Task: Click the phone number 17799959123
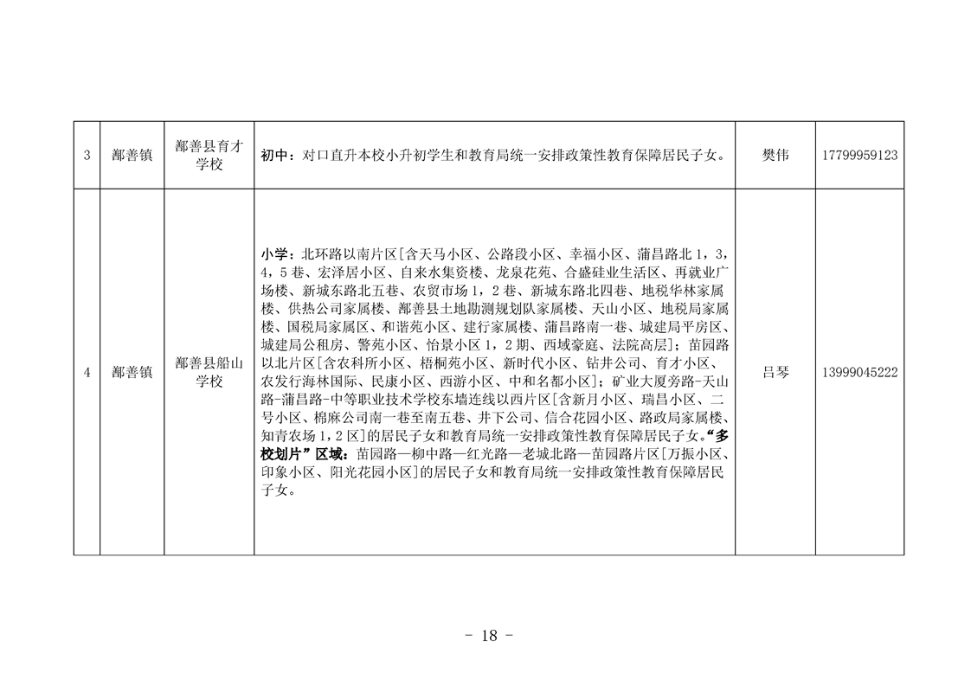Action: pos(858,156)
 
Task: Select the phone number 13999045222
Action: pos(858,372)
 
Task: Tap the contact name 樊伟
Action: pos(775,156)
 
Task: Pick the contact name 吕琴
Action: pos(775,372)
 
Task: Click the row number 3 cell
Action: pos(87,156)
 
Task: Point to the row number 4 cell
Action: pos(87,372)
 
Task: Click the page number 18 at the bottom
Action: pos(488,636)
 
